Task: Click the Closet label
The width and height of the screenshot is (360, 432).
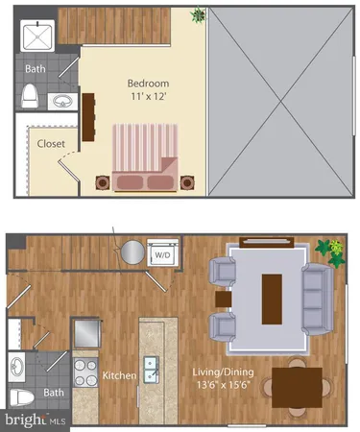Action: pyautogui.click(x=51, y=144)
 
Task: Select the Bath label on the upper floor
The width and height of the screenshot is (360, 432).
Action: pyautogui.click(x=35, y=69)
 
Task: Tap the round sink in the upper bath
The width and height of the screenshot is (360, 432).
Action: pyautogui.click(x=61, y=100)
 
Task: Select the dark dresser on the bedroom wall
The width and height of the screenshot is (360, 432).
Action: pyautogui.click(x=87, y=115)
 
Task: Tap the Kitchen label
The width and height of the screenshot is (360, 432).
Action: pyautogui.click(x=120, y=375)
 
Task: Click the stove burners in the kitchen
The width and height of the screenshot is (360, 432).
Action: pyautogui.click(x=85, y=372)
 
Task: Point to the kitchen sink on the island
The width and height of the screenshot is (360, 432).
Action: pyautogui.click(x=151, y=369)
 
